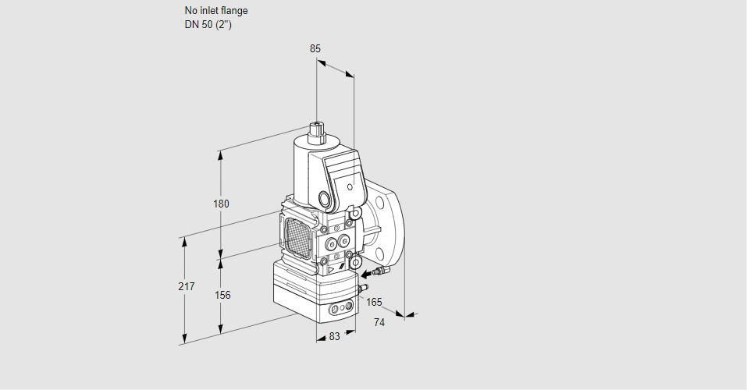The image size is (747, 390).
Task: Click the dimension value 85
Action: coord(315,48)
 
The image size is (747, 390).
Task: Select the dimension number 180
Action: coord(221,204)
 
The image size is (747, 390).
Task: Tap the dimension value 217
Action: coord(186,286)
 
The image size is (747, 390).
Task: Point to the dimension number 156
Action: coord(222,295)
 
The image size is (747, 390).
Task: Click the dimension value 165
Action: coord(375,302)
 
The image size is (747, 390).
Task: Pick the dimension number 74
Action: coord(379,322)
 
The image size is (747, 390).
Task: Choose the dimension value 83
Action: coord(334,336)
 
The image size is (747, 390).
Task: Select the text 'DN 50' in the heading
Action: coord(198,25)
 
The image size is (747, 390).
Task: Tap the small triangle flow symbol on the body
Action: coord(330,268)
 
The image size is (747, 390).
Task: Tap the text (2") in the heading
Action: coord(223,25)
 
